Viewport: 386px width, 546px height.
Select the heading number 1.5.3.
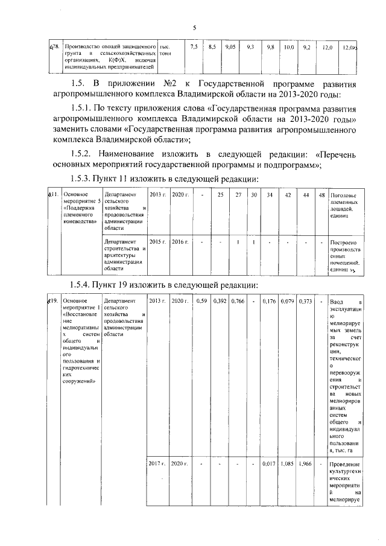click(x=84, y=180)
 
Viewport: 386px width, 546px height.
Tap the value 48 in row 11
click(x=321, y=195)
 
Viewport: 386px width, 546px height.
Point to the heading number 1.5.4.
click(x=84, y=285)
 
